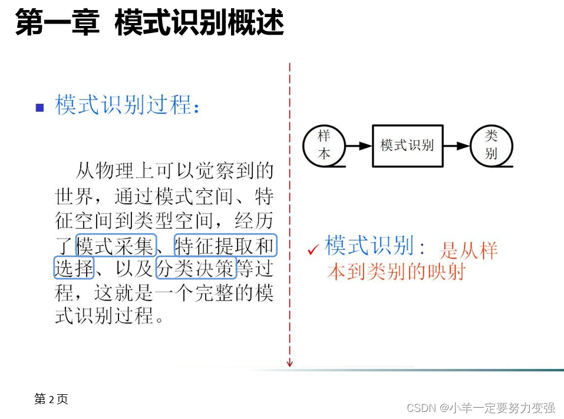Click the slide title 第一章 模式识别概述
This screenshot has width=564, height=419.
(x=150, y=24)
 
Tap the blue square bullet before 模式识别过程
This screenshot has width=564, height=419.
(x=40, y=107)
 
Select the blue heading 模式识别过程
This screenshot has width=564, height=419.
(x=127, y=105)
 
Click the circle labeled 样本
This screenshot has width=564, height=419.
(x=324, y=145)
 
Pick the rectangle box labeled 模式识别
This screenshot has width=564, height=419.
(x=407, y=146)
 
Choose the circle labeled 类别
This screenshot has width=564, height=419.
(x=492, y=146)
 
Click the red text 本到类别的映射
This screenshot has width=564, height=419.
(x=396, y=272)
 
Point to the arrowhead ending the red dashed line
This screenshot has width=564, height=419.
(x=289, y=363)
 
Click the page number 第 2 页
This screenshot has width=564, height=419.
(x=51, y=399)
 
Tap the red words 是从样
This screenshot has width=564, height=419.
(x=469, y=250)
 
